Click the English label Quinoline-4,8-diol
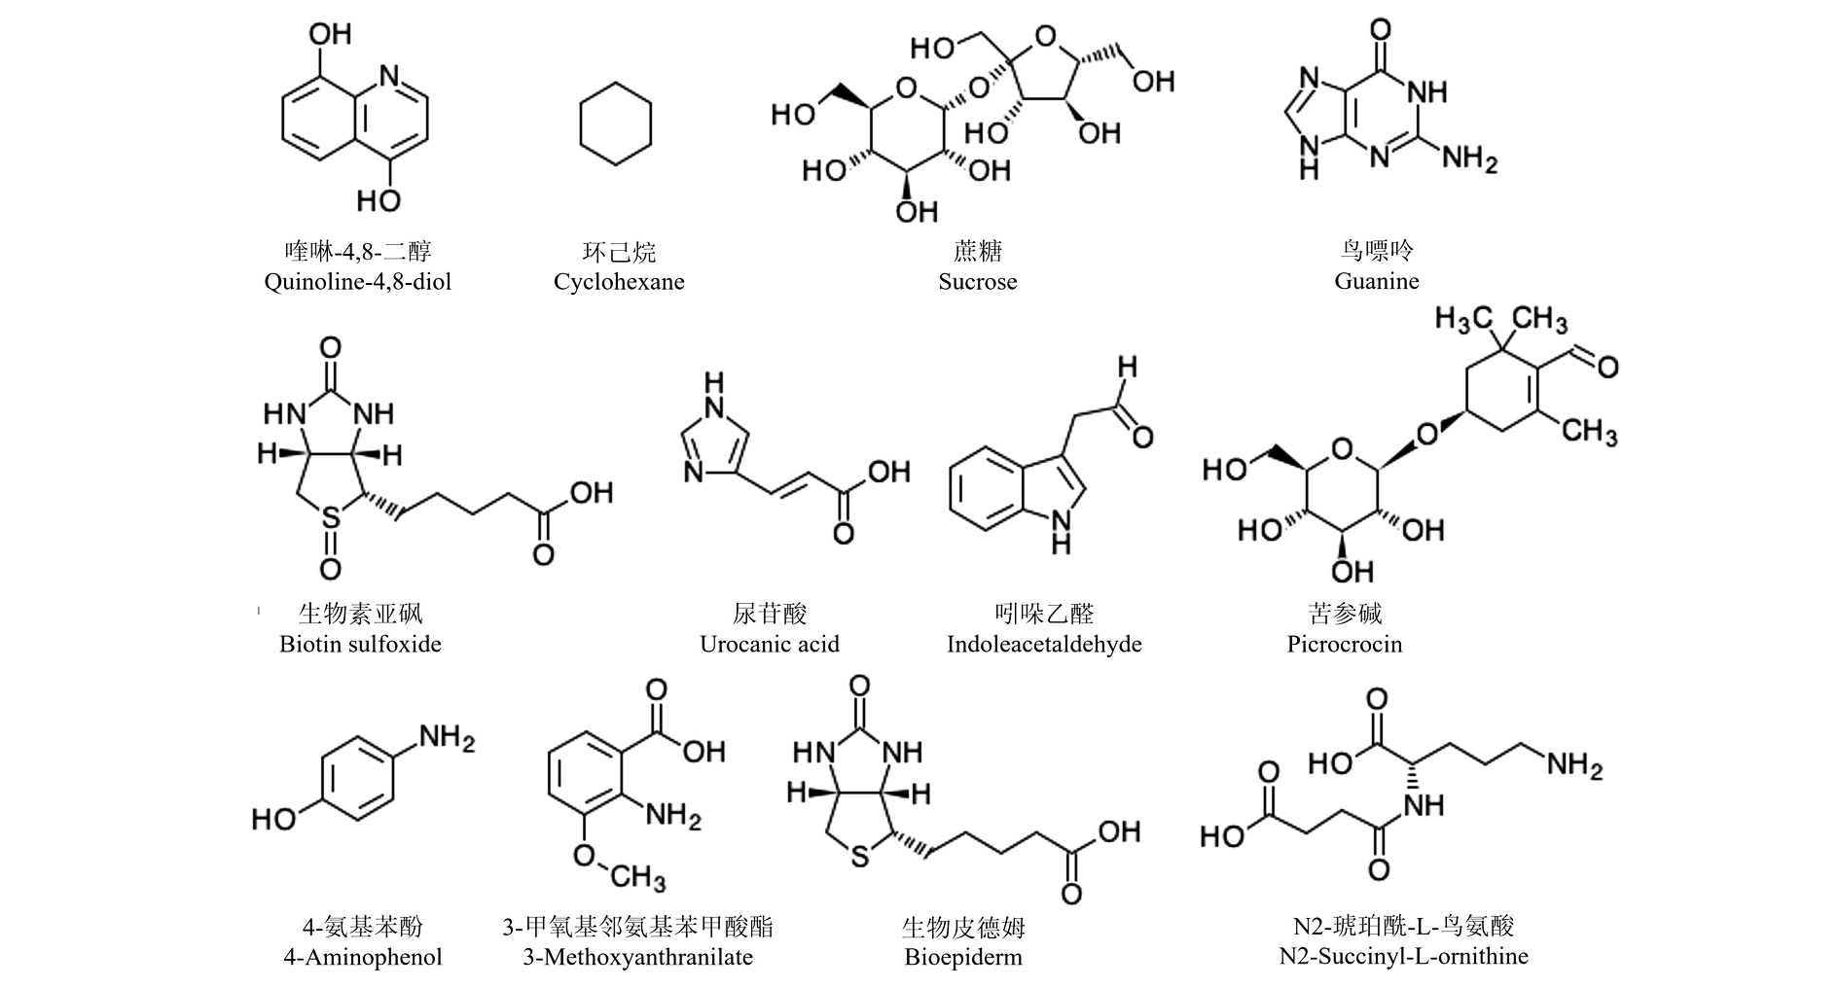[x=357, y=283]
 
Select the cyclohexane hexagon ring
[x=615, y=125]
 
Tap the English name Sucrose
[x=978, y=282]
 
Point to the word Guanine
[x=1377, y=281]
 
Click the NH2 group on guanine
[x=1469, y=159]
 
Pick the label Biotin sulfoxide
[x=360, y=644]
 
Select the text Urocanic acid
[x=769, y=644]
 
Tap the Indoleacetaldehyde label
[x=1044, y=644]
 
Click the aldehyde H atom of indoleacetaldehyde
[x=1127, y=368]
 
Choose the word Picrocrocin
[x=1344, y=644]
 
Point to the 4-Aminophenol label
[x=362, y=957]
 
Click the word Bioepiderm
[x=963, y=957]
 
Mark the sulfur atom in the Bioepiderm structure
[x=858, y=860]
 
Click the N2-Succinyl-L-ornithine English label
[x=1403, y=957]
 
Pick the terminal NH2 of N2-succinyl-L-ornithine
[x=1574, y=765]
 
